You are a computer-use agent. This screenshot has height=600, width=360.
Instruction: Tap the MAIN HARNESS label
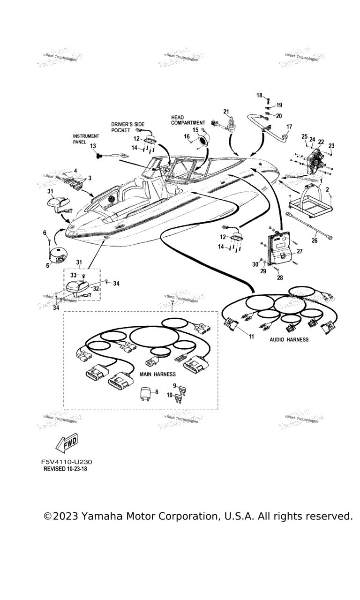[158, 374]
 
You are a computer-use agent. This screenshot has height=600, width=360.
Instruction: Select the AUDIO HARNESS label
[289, 339]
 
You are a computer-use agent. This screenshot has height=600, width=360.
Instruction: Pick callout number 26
[315, 241]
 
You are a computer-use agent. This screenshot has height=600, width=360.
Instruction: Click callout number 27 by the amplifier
[300, 251]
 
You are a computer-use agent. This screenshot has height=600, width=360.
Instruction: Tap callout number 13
[92, 146]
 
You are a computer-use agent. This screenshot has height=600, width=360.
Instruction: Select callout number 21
[226, 111]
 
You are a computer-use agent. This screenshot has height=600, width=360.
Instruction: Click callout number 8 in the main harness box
[157, 392]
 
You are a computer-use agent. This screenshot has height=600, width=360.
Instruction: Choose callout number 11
[251, 336]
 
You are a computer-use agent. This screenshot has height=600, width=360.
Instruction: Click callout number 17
[289, 127]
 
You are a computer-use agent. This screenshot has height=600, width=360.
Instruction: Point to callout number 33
[73, 275]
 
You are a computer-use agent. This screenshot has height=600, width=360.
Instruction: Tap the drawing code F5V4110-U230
[70, 462]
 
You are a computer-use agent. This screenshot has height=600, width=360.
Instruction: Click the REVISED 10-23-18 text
[65, 469]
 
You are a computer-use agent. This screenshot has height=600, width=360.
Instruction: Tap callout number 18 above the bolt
[259, 95]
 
